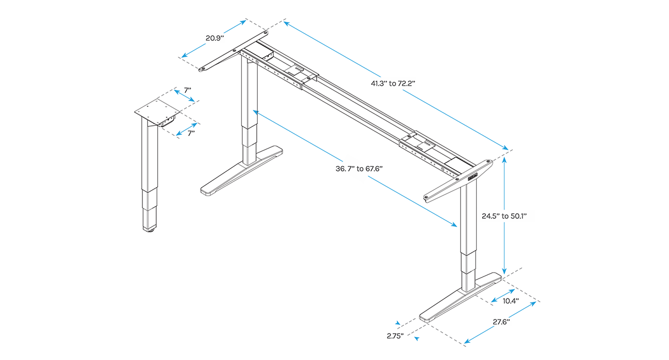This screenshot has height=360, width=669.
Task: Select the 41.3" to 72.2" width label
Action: [392, 83]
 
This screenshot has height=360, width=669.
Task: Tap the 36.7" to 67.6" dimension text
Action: [359, 169]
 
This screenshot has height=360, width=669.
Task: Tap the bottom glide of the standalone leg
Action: [150, 230]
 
